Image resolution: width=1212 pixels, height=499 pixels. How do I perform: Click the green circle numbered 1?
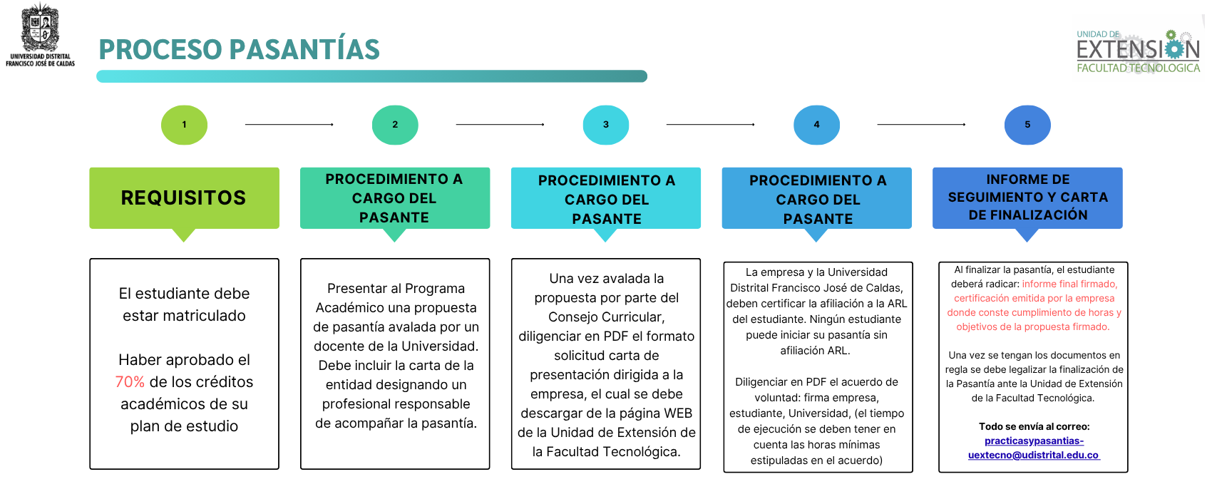[x=184, y=125]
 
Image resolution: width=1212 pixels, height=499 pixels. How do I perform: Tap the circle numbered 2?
[x=395, y=125]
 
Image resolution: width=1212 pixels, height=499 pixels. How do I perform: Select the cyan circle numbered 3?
[x=605, y=125]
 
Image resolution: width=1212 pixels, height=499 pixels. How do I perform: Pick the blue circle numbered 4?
[x=816, y=125]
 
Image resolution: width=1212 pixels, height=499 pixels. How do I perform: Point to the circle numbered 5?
[x=1027, y=125]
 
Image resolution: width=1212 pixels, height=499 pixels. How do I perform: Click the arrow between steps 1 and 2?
[x=289, y=125]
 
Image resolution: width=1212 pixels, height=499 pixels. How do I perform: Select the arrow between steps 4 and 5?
[x=921, y=125]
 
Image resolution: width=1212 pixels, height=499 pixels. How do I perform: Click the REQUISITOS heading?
[x=183, y=197]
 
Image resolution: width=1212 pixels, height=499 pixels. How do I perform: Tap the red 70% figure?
[x=130, y=382]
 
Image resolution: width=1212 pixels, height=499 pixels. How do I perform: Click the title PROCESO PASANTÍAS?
[x=239, y=49]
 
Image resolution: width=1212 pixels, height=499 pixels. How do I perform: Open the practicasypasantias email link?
[x=1034, y=448]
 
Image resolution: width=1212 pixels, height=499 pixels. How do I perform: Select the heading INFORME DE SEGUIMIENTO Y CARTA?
[x=1027, y=188]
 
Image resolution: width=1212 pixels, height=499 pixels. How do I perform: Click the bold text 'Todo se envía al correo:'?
[x=1034, y=426]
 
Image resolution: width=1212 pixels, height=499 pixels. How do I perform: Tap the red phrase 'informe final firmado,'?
[x=1069, y=284]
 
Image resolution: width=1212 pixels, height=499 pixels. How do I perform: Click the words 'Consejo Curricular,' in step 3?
[x=606, y=317]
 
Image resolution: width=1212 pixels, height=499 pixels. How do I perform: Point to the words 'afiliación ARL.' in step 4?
[x=815, y=351]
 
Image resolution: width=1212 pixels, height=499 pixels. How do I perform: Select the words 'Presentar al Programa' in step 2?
[x=396, y=289]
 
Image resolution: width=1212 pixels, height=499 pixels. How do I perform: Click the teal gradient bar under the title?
[x=371, y=76]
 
